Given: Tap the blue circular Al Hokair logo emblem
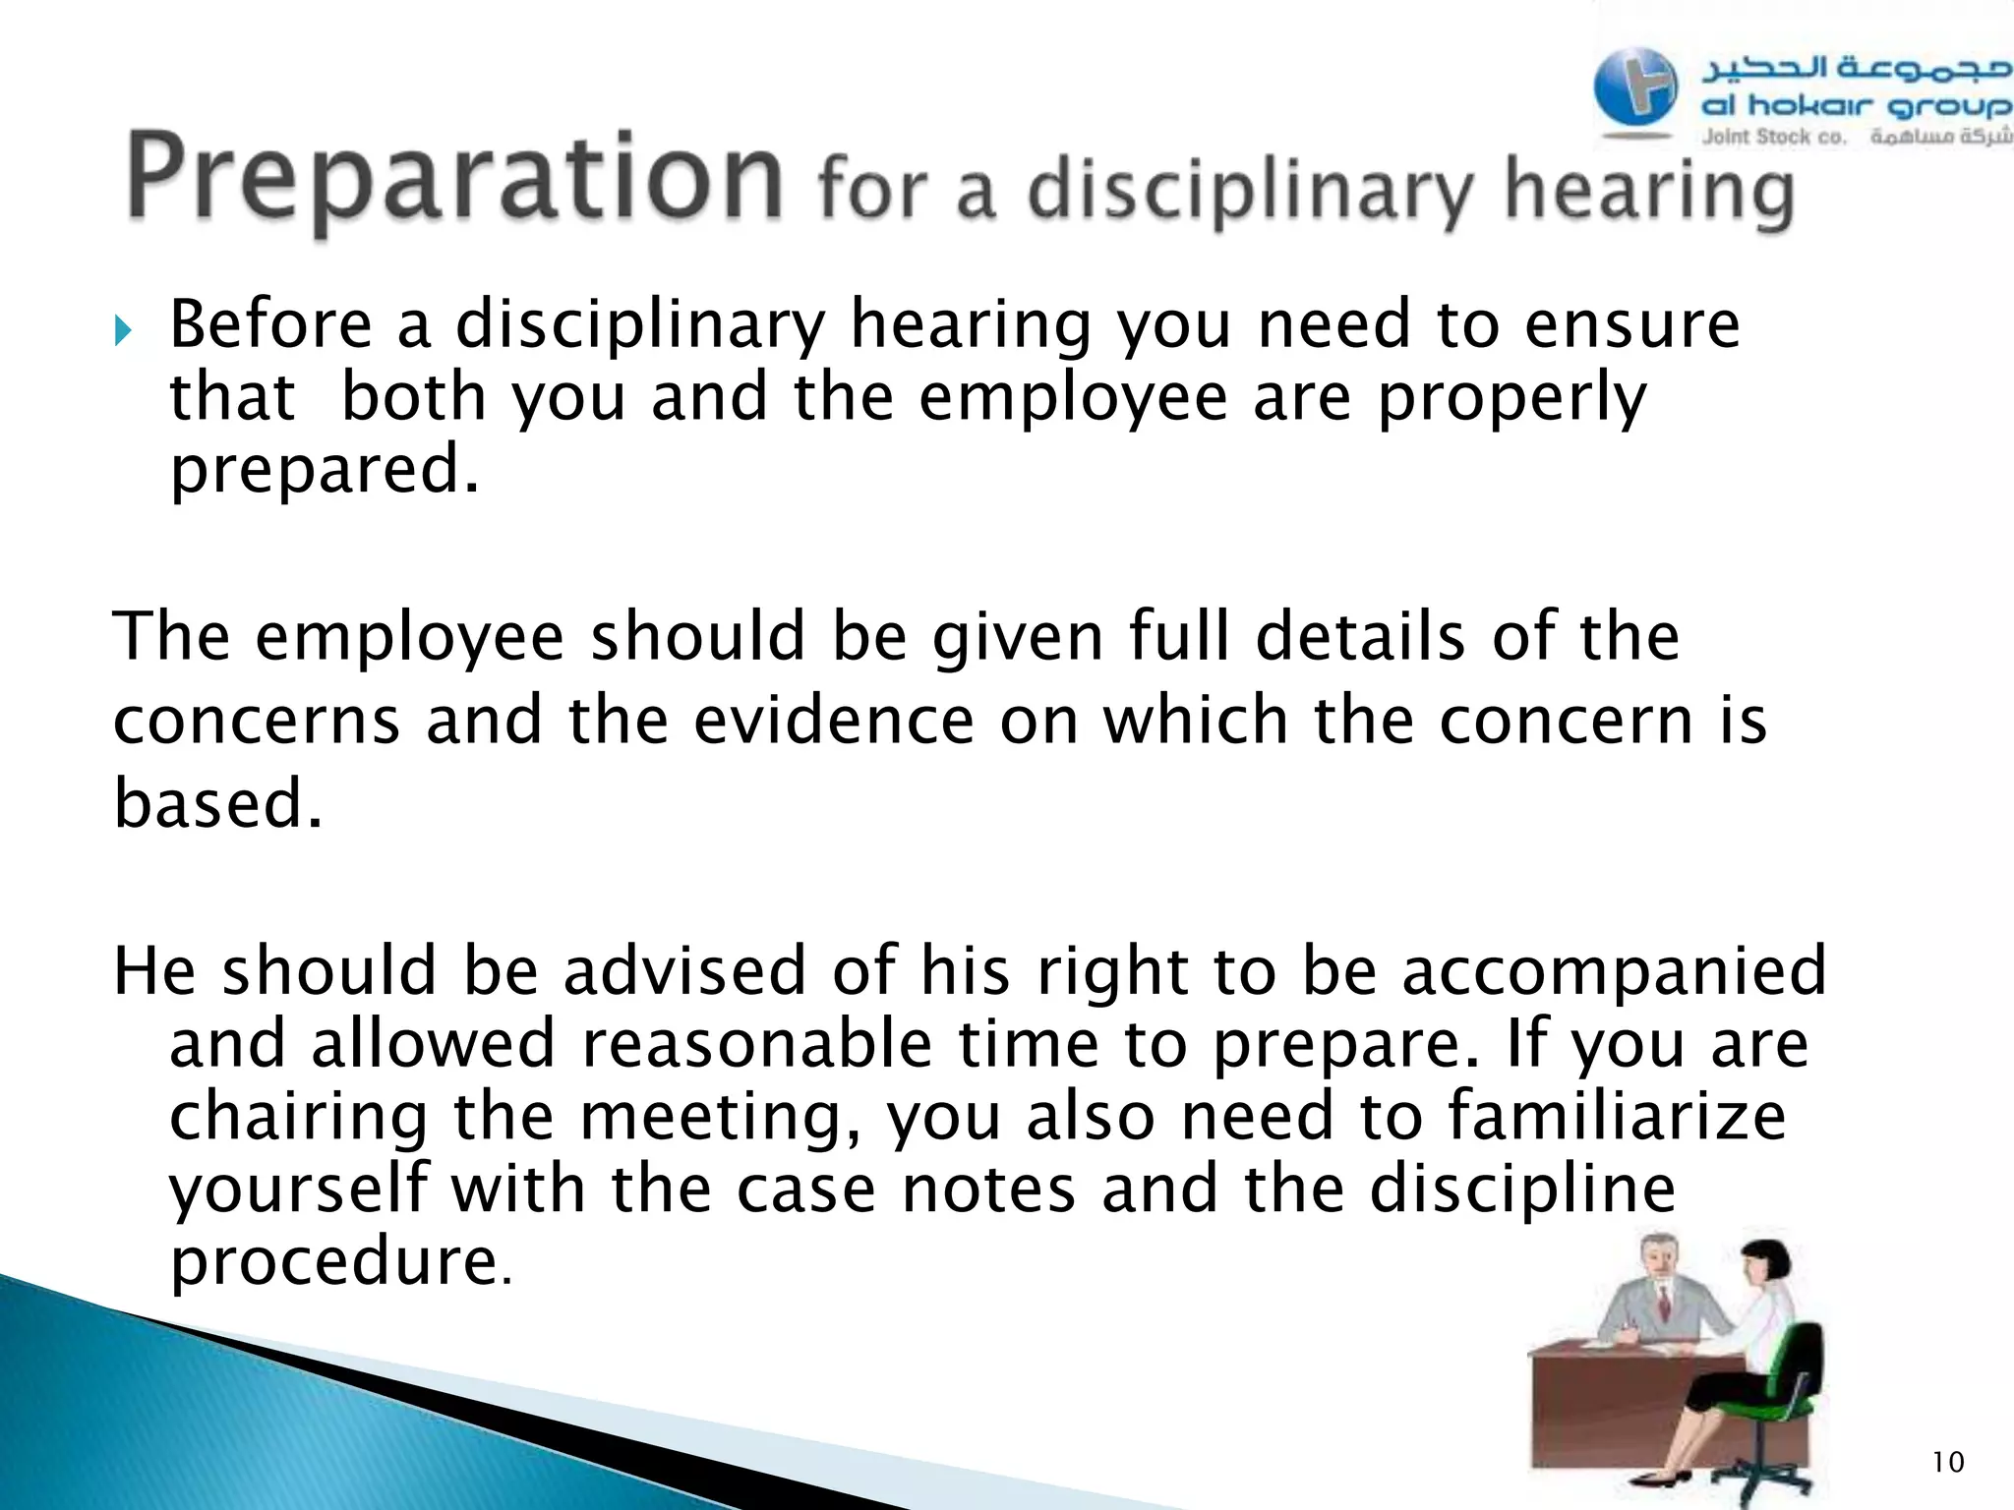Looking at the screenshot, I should pos(1635,88).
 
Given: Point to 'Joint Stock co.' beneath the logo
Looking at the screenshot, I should pos(1774,138).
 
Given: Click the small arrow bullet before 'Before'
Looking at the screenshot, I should pos(122,331).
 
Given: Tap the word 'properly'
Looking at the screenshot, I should pos(1511,399).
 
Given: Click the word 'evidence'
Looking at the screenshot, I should pos(834,720).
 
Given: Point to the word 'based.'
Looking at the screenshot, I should pos(218,803).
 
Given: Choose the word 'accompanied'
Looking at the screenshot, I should pos(1613,971).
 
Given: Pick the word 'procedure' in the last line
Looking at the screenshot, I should pos(334,1262).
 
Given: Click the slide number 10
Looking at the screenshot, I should pos(1947,1463).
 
